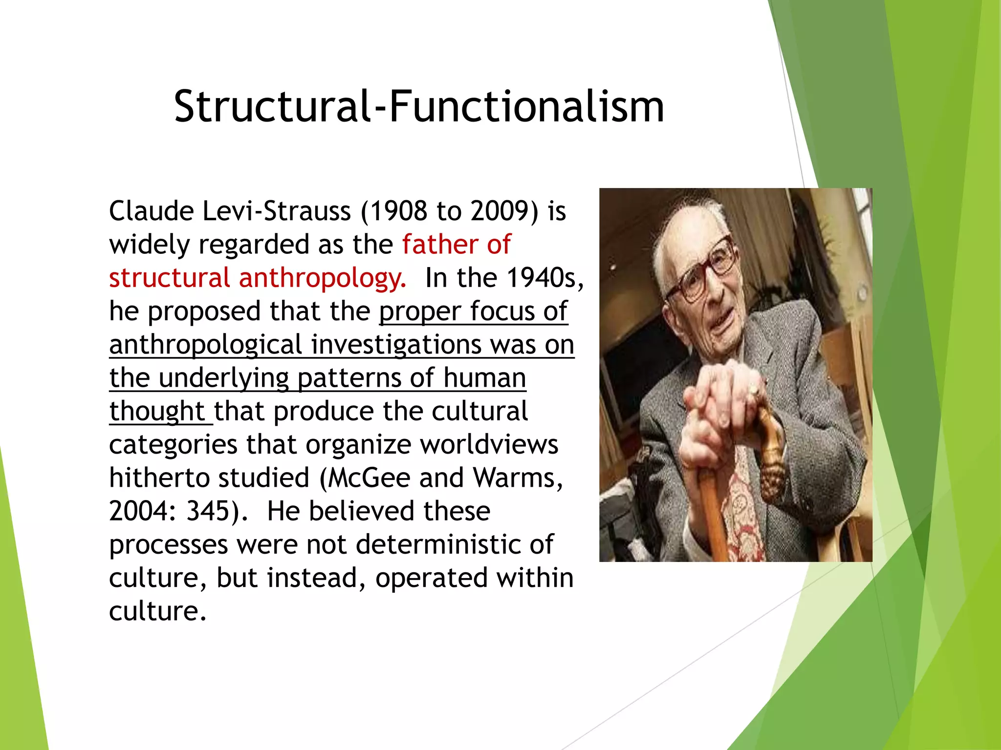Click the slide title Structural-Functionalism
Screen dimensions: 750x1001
click(x=419, y=106)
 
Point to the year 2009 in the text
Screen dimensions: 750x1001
click(x=498, y=211)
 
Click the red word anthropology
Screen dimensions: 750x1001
click(x=322, y=278)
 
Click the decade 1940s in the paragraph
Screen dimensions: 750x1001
click(x=542, y=278)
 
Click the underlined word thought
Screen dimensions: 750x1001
click(x=156, y=412)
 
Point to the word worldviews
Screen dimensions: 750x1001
click(x=489, y=445)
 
